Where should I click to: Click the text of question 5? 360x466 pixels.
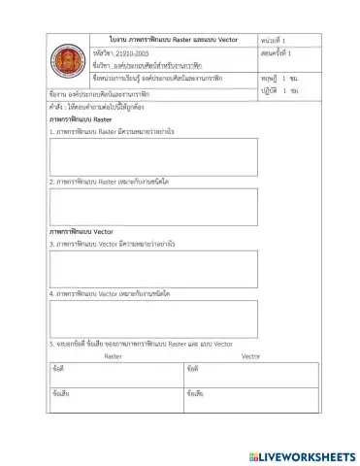(x=141, y=344)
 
